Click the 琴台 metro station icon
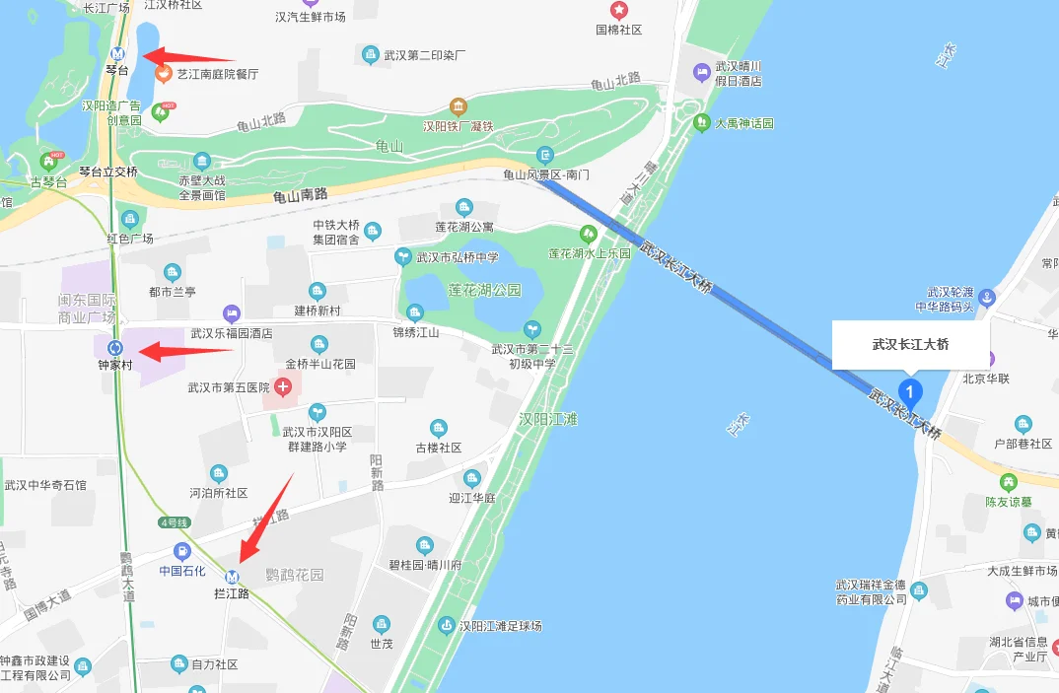click(x=118, y=54)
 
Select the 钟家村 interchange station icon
click(x=116, y=347)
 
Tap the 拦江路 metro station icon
click(x=233, y=577)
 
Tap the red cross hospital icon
click(x=283, y=386)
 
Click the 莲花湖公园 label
click(x=483, y=291)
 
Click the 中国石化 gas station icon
click(x=181, y=551)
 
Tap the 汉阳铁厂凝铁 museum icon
click(x=458, y=106)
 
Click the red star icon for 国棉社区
click(x=619, y=11)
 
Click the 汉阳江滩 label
click(x=547, y=419)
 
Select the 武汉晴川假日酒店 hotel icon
click(x=701, y=72)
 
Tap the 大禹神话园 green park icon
click(x=701, y=123)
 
